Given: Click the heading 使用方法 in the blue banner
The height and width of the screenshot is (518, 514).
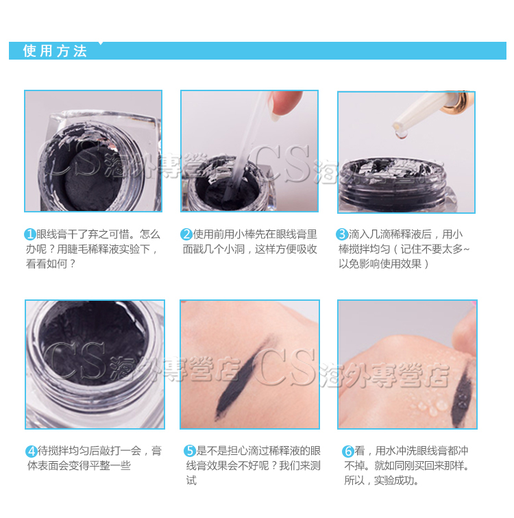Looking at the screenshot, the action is click(x=55, y=51).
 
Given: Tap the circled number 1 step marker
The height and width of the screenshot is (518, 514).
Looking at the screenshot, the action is click(x=30, y=234).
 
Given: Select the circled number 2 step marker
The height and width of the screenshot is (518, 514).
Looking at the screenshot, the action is click(x=186, y=234).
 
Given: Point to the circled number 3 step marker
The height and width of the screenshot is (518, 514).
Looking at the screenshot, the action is click(x=342, y=234).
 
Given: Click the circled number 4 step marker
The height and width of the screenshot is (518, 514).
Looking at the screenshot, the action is click(x=32, y=451).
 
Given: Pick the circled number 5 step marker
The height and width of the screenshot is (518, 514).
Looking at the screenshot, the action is click(x=190, y=451).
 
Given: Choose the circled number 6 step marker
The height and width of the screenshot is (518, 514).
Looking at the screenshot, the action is click(x=348, y=451).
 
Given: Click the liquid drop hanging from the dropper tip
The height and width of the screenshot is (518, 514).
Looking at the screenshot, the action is click(x=402, y=134).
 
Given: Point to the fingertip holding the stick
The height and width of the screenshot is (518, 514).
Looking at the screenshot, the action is click(x=283, y=103).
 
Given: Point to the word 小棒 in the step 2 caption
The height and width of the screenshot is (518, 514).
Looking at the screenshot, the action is click(x=245, y=234).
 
